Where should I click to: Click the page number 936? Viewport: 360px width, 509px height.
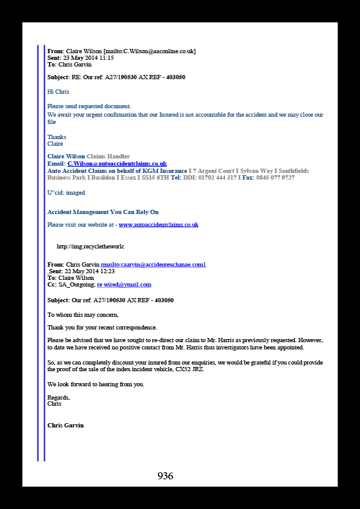click(165, 476)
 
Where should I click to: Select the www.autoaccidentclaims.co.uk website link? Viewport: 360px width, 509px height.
click(159, 225)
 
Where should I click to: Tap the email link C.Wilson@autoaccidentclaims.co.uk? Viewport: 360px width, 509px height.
click(117, 164)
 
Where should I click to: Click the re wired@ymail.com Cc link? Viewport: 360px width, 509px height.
click(124, 285)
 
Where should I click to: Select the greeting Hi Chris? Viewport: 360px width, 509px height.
click(58, 91)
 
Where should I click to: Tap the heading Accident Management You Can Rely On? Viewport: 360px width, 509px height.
click(103, 212)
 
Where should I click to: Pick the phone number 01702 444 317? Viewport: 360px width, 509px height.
click(218, 178)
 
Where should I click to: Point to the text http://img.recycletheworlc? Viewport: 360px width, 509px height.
click(90, 247)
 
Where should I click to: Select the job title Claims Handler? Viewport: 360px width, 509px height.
click(108, 157)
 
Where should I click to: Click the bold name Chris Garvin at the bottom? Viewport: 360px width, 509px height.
click(65, 425)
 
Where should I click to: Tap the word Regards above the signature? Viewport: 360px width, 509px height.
click(59, 398)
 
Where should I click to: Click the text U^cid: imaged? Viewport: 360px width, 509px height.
click(67, 192)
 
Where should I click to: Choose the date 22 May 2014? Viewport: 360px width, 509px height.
click(80, 271)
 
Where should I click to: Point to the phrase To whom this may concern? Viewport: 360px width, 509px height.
click(83, 315)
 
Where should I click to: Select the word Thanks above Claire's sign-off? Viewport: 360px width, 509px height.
click(57, 137)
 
